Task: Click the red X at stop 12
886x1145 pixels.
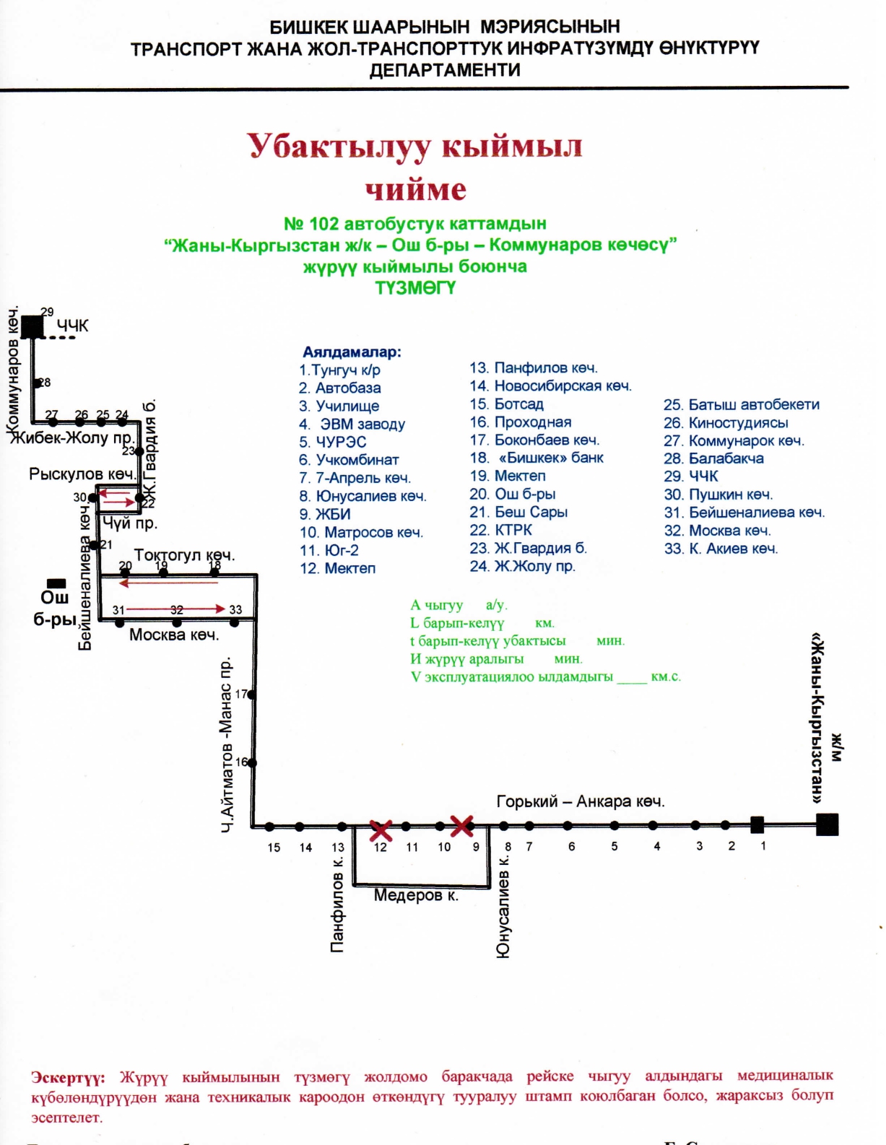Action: [x=381, y=830]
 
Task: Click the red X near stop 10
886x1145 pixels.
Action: [x=462, y=825]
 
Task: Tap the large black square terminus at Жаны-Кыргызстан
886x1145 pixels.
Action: [x=827, y=824]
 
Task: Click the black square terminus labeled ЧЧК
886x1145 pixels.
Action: [x=32, y=327]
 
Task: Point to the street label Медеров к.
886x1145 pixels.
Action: [x=416, y=896]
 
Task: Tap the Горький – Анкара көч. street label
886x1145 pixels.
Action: [x=580, y=801]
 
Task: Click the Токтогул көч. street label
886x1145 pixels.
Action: [x=184, y=555]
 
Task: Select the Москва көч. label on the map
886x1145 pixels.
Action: [x=173, y=635]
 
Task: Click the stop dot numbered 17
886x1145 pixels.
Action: [x=252, y=695]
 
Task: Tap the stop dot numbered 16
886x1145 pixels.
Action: [x=252, y=762]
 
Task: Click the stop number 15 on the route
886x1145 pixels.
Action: [x=274, y=848]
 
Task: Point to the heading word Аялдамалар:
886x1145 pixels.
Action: [x=352, y=352]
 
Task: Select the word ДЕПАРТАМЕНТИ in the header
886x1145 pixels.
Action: [x=444, y=70]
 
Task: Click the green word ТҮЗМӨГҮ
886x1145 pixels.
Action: [x=415, y=288]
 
